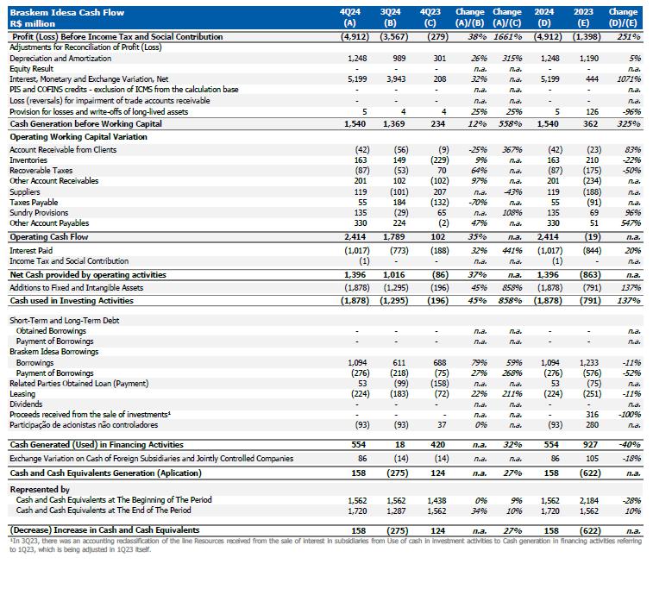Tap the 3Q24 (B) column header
[x=392, y=17]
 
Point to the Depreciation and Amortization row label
[x=60, y=58]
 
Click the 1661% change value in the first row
[x=512, y=37]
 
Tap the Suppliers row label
[x=25, y=191]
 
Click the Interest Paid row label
[x=31, y=250]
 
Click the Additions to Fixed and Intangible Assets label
[x=76, y=287]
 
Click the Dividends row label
[x=26, y=404]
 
